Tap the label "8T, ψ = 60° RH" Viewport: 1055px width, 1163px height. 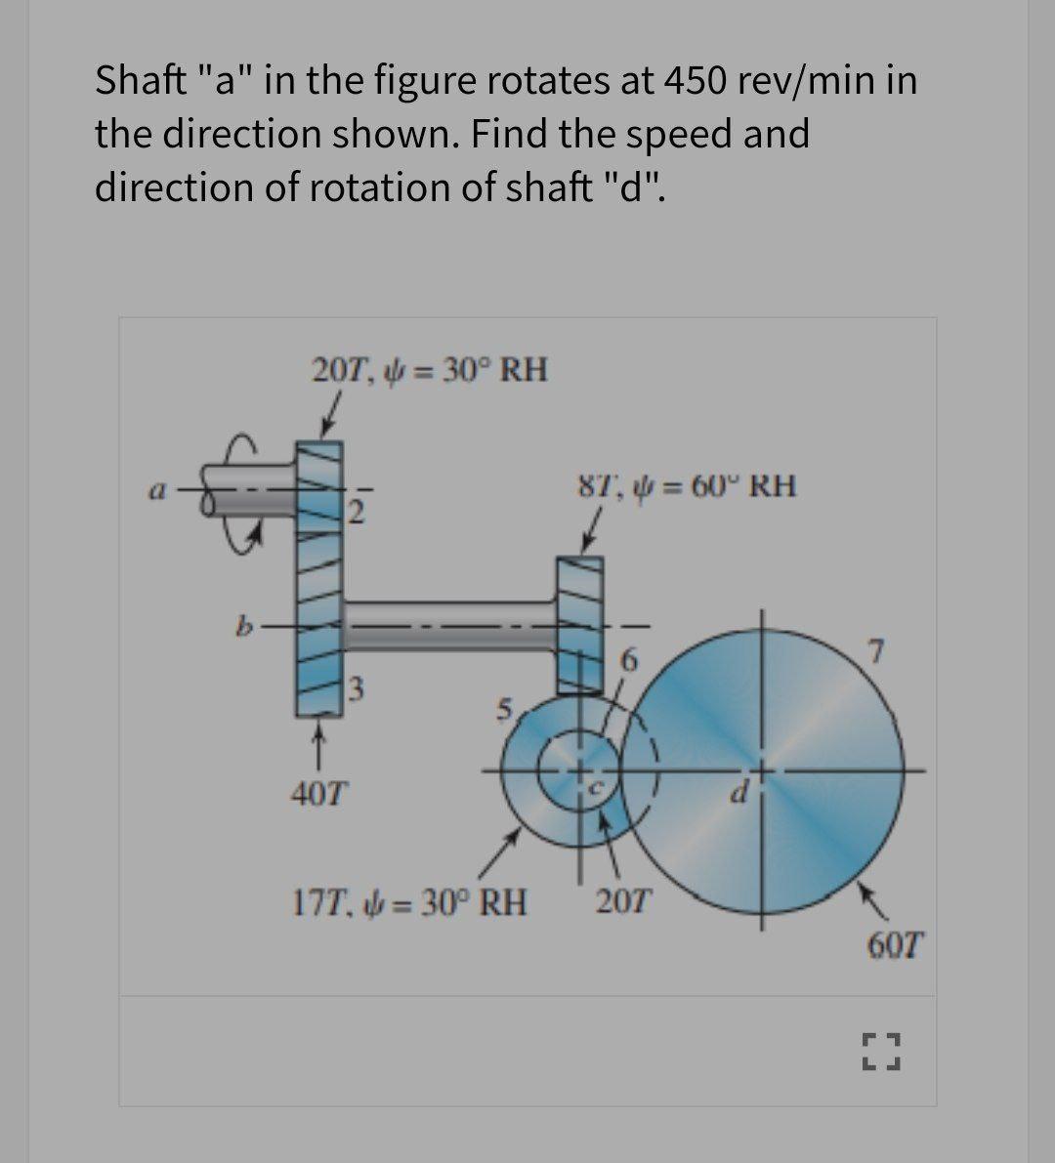(686, 485)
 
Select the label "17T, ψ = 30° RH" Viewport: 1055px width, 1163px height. (410, 901)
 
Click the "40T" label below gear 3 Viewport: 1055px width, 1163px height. (318, 790)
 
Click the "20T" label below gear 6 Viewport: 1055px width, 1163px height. (624, 900)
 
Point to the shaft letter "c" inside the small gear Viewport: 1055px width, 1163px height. (604, 785)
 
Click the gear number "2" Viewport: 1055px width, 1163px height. (357, 509)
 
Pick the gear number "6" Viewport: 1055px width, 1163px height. (629, 661)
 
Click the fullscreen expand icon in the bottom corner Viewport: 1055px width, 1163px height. (880, 1051)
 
